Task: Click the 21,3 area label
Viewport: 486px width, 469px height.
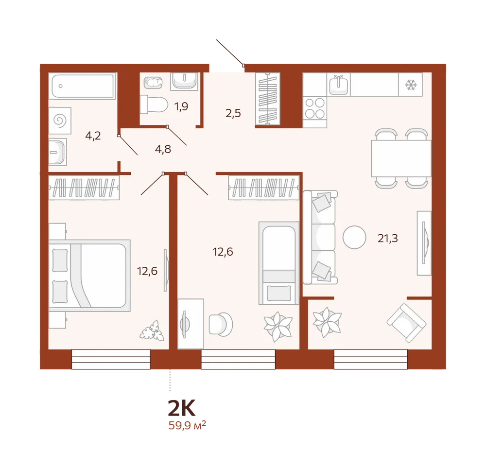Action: point(387,238)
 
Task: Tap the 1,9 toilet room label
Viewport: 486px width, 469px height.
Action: point(181,106)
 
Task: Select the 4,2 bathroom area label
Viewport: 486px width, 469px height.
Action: point(93,136)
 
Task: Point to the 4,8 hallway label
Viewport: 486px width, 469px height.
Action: point(163,149)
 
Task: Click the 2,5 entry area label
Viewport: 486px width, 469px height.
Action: point(233,113)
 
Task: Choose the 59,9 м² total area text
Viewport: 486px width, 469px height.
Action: point(187,425)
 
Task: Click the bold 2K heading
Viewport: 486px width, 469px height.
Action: point(182,408)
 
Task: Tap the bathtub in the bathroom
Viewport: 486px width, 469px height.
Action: point(83,86)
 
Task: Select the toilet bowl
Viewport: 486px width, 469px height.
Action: point(154,104)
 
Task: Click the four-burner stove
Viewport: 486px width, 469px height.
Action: point(314,108)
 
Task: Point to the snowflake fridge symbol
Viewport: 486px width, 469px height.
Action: point(411,85)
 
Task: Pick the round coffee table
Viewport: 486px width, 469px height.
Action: point(354,237)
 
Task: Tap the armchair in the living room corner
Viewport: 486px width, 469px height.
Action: point(406,323)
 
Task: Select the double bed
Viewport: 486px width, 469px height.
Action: point(89,276)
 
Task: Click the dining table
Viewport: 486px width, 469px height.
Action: point(401,158)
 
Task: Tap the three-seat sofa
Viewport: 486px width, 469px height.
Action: point(320,237)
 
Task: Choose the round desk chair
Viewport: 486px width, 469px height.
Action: point(221,324)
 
